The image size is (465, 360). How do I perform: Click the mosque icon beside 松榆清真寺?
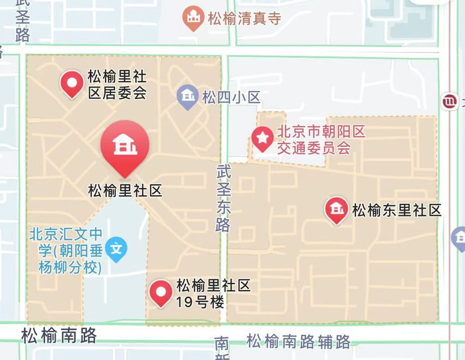pyautogui.click(x=193, y=19)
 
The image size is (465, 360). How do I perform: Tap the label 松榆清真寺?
pyautogui.click(x=244, y=19)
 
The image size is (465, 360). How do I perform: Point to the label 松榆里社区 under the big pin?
pyautogui.click(x=125, y=191)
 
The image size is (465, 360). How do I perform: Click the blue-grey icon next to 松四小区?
pyautogui.click(x=188, y=97)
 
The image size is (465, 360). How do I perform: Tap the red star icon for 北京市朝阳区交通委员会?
pyautogui.click(x=263, y=138)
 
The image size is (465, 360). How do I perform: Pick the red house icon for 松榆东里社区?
pyautogui.click(x=336, y=210)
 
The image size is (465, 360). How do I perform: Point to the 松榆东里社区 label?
pyautogui.click(x=397, y=211)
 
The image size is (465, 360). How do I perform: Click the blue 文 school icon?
pyautogui.click(x=117, y=249)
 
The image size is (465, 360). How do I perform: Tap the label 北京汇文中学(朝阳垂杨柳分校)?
pyautogui.click(x=66, y=250)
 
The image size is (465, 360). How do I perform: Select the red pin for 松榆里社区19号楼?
pyautogui.click(x=161, y=292)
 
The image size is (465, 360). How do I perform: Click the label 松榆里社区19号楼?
pyautogui.click(x=213, y=294)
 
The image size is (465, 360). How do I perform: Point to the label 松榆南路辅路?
pyautogui.click(x=298, y=341)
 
